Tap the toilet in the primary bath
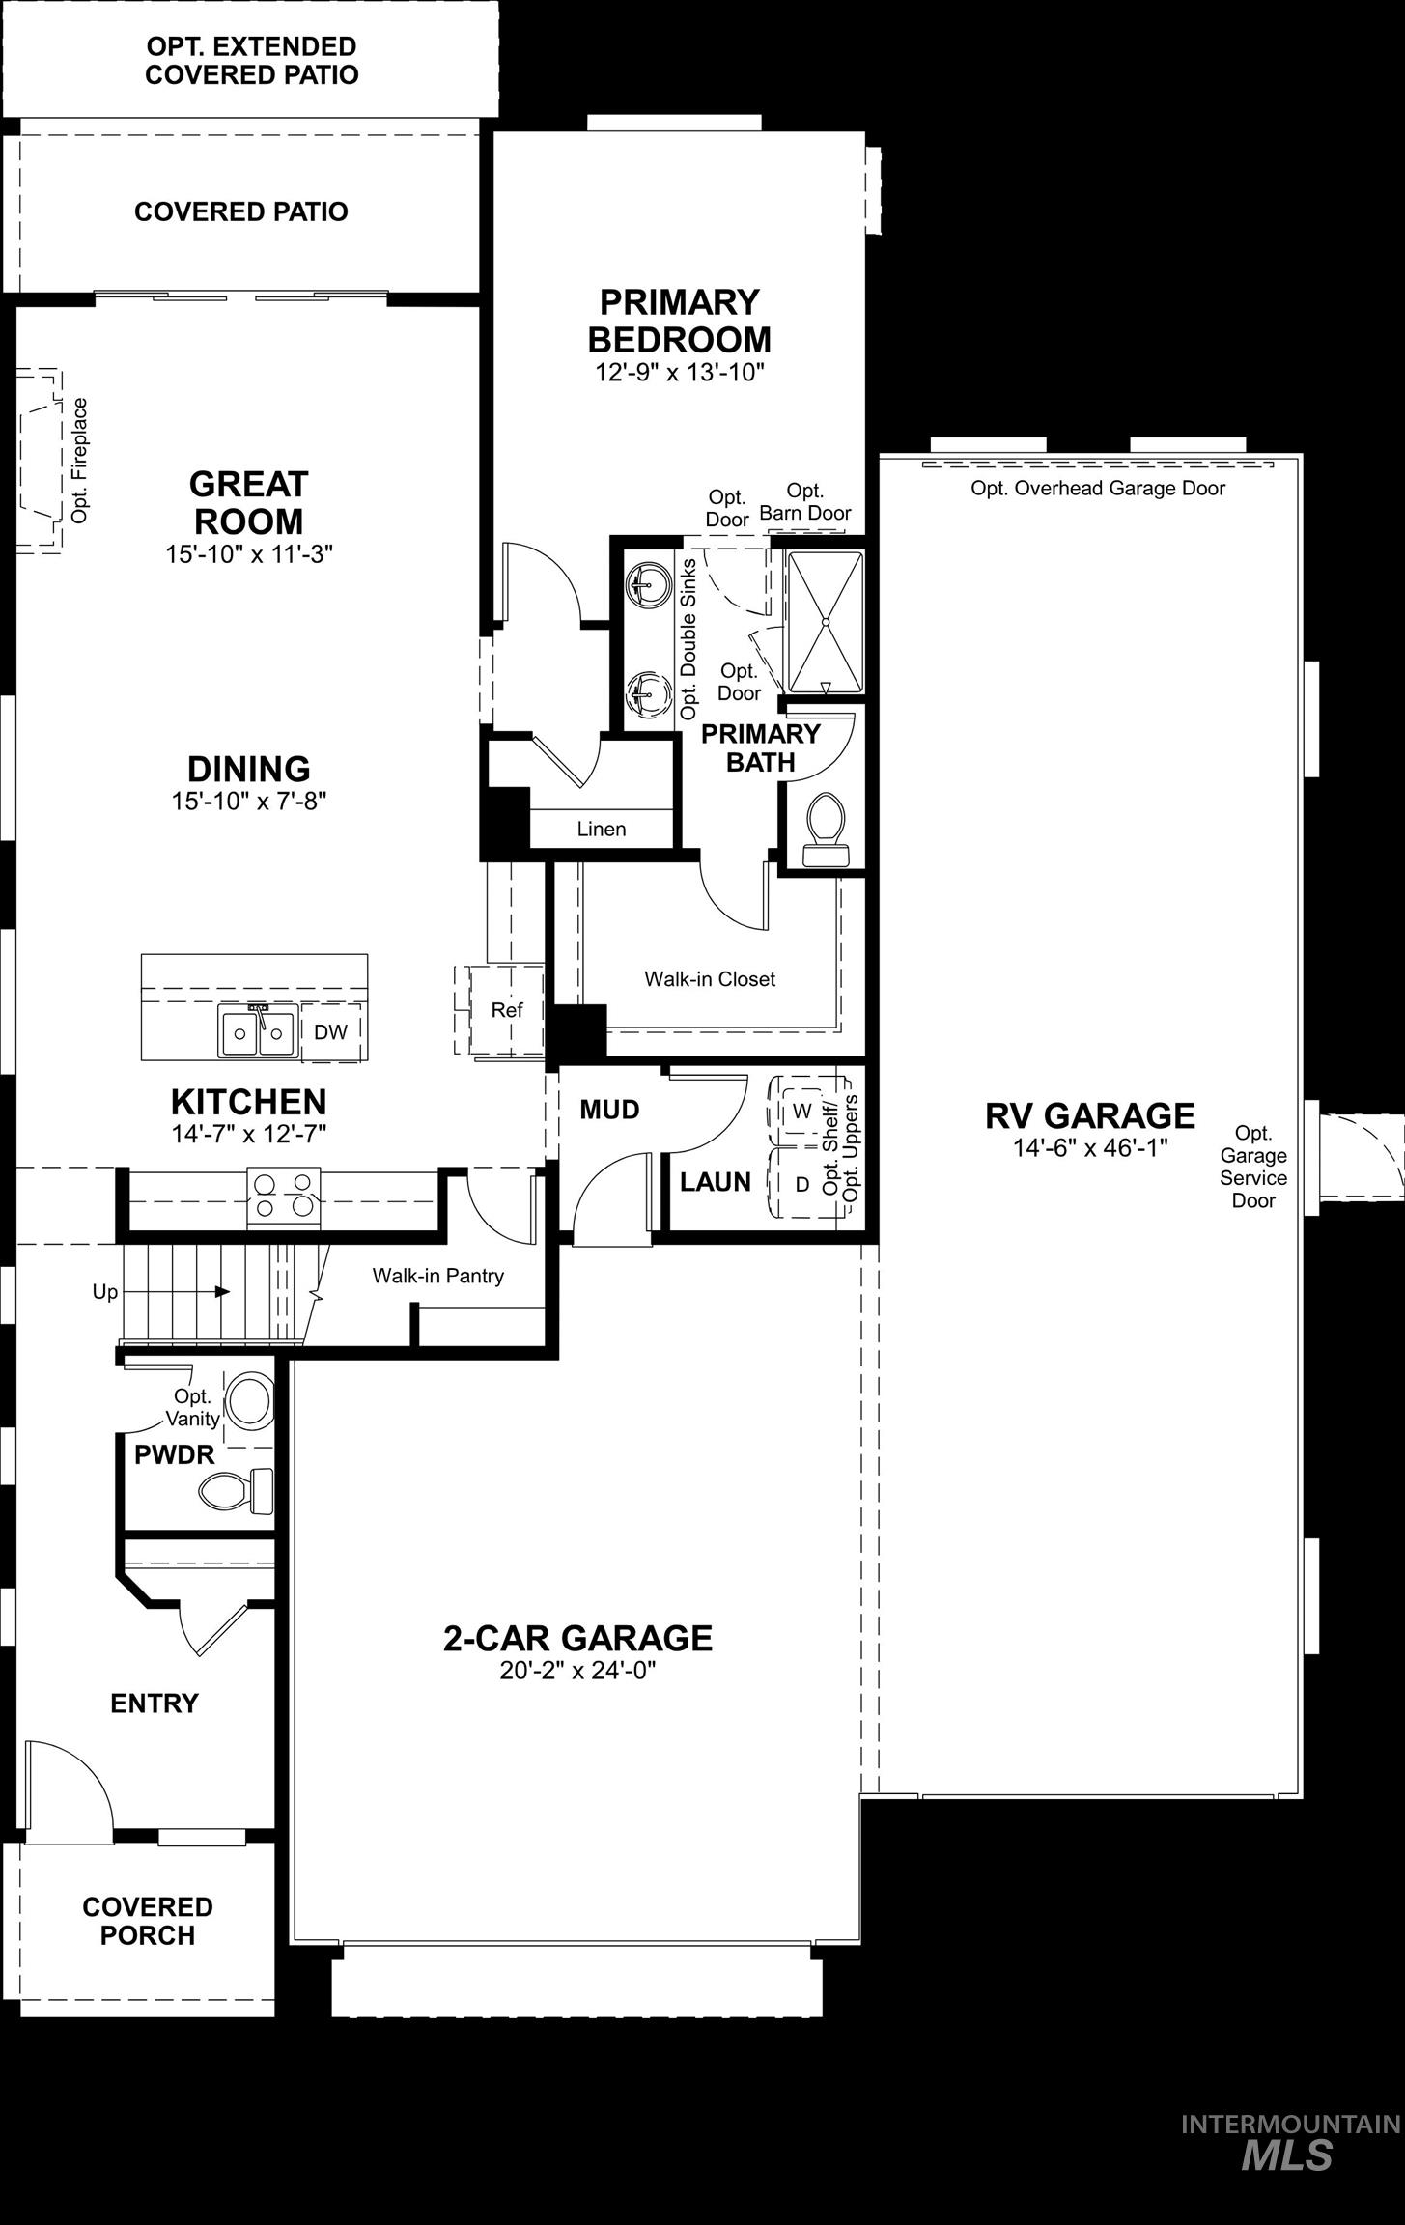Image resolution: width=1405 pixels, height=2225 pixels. (x=824, y=828)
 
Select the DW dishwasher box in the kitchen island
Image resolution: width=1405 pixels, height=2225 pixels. (x=330, y=1031)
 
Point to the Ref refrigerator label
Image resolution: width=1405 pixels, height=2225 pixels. (x=506, y=1010)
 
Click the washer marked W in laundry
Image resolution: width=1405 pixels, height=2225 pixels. (x=801, y=1112)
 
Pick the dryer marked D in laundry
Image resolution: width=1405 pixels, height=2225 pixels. (x=801, y=1184)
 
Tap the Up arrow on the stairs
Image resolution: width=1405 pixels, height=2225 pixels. (x=222, y=1291)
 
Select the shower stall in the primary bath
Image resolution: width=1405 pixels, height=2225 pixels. (x=825, y=621)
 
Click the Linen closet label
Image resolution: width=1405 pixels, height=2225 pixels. (x=602, y=829)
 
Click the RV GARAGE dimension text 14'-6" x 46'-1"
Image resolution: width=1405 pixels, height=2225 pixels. (x=1090, y=1147)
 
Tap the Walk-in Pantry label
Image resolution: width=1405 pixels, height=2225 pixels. (x=438, y=1276)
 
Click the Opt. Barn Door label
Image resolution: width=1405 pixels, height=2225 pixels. (x=805, y=502)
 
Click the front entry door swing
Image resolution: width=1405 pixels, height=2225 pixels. (x=68, y=1786)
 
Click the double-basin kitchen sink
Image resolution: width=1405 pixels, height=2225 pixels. (x=257, y=1032)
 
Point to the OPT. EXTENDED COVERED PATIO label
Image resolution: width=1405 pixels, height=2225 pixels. (x=251, y=60)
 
